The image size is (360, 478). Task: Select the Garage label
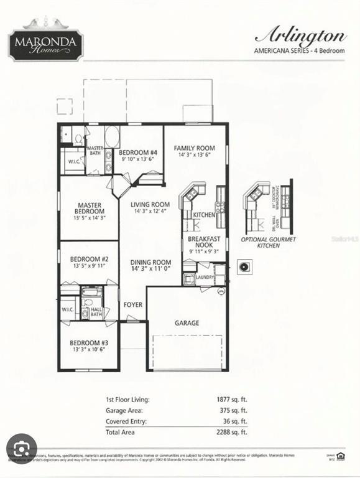pyautogui.click(x=187, y=323)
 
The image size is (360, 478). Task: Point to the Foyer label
pyautogui.click(x=132, y=305)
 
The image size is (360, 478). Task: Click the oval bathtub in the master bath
pyautogui.click(x=113, y=136)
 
